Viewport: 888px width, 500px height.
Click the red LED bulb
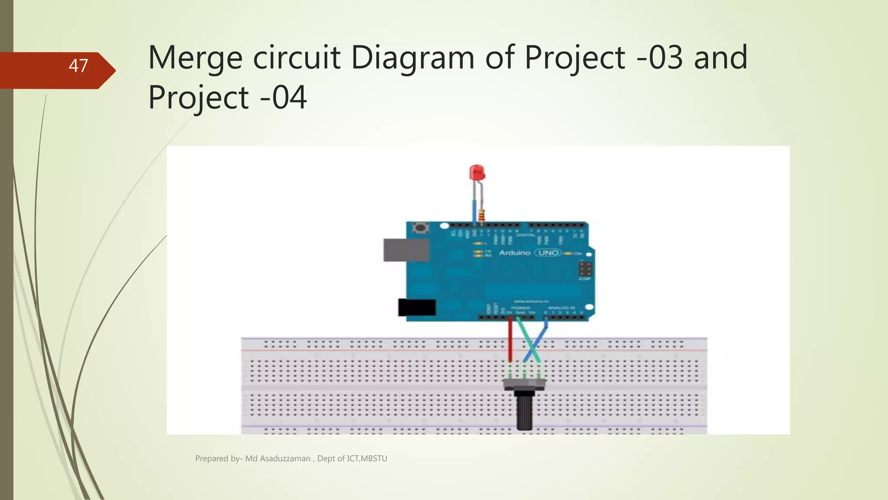click(477, 172)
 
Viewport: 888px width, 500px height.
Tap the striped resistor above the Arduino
click(481, 214)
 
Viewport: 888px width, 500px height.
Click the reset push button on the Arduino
click(420, 228)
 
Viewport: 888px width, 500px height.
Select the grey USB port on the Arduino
click(406, 250)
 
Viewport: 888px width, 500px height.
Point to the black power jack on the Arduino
click(417, 307)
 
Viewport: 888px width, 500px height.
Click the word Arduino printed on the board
click(515, 253)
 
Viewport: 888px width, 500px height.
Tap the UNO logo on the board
click(548, 253)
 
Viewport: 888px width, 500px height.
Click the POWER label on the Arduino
click(520, 308)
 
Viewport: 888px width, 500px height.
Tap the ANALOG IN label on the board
click(562, 308)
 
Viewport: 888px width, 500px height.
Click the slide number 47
click(78, 66)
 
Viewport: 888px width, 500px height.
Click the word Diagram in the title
click(412, 58)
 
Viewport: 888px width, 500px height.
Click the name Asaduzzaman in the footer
click(285, 458)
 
